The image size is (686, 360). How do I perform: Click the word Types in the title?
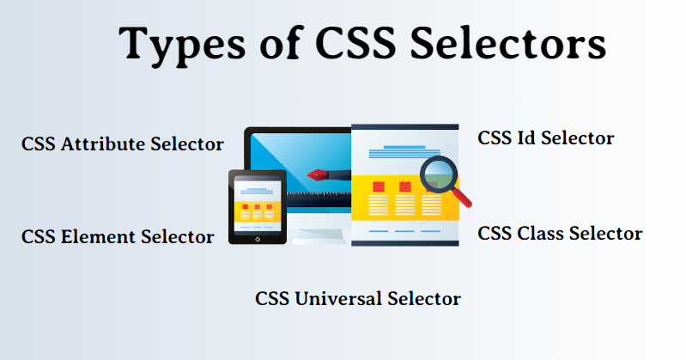coord(182,46)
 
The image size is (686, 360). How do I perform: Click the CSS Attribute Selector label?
coord(123,144)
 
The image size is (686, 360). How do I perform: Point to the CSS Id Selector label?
coord(545,138)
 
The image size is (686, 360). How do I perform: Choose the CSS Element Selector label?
coord(118,237)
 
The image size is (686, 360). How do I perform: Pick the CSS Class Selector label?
coord(560,234)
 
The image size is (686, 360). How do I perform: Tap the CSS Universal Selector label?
coord(357,299)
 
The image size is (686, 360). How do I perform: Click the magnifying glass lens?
coord(439,174)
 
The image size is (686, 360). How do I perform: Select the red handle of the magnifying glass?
coord(462,198)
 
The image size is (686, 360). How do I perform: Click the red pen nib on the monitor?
coord(317,175)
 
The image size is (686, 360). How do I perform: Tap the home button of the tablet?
coord(258,239)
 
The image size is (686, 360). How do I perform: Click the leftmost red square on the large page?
coord(379,186)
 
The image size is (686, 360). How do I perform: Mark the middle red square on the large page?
coord(405,186)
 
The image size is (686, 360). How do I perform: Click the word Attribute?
coord(103,144)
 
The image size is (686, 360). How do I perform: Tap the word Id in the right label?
coord(527,138)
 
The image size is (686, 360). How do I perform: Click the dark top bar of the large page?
coord(405,127)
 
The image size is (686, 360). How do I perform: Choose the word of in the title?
coord(281,42)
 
